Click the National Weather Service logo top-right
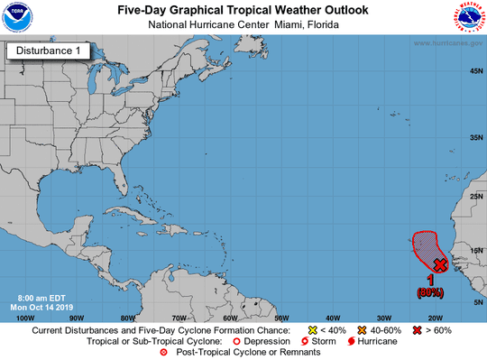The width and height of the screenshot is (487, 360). click(x=467, y=18)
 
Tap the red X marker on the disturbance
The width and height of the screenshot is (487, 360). click(x=439, y=264)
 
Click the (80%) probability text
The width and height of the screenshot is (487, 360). click(x=429, y=292)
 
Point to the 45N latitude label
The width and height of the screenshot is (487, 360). click(x=472, y=71)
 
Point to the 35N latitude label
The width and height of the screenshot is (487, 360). click(x=472, y=137)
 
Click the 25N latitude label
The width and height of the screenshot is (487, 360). click(x=472, y=196)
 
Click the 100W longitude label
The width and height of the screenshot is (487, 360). click(x=25, y=318)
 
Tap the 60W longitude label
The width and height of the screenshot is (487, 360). click(x=230, y=318)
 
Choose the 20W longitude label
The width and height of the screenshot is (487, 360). click(x=435, y=318)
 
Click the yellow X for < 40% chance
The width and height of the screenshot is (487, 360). click(x=312, y=331)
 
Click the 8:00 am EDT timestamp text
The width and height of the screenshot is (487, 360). click(x=41, y=297)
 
